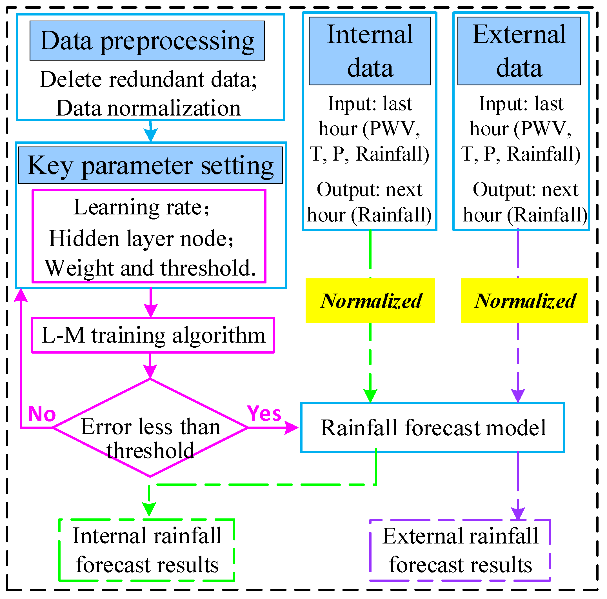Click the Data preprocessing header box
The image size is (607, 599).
tap(147, 41)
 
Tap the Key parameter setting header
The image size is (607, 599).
tap(150, 165)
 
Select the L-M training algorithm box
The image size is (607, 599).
tap(153, 335)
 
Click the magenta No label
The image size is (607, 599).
tap(42, 414)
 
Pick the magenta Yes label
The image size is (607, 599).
tap(264, 413)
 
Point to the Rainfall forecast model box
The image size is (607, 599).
tap(432, 428)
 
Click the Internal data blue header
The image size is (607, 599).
tap(370, 51)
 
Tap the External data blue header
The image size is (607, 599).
tap(519, 51)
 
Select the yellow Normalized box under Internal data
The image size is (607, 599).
tap(370, 300)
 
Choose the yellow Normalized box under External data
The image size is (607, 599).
tap(524, 300)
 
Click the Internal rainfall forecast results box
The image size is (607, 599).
tap(147, 550)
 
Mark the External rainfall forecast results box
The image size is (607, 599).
tap(460, 550)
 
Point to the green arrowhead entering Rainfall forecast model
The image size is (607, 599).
tap(370, 395)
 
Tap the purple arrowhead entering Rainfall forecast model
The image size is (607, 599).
tap(518, 395)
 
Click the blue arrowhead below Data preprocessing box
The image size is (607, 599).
tap(150, 135)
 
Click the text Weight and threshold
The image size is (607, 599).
tap(150, 268)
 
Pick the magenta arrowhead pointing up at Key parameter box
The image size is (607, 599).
tap(21, 295)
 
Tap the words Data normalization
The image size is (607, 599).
tap(148, 108)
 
